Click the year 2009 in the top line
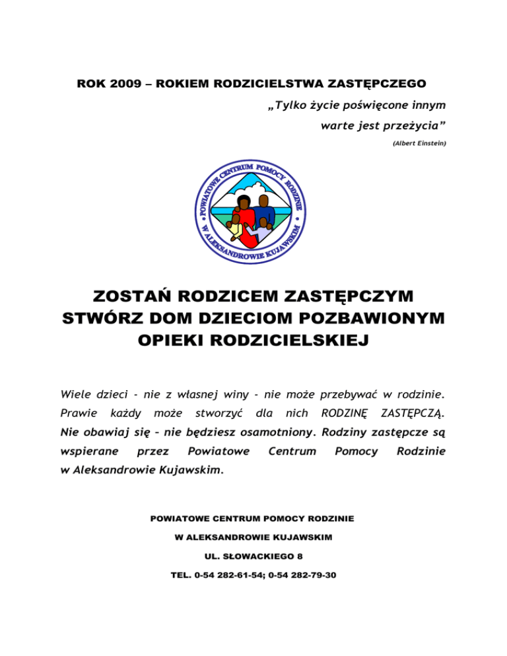[x=116, y=84]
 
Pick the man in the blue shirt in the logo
[x=265, y=211]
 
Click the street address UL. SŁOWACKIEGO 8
[x=253, y=556]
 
